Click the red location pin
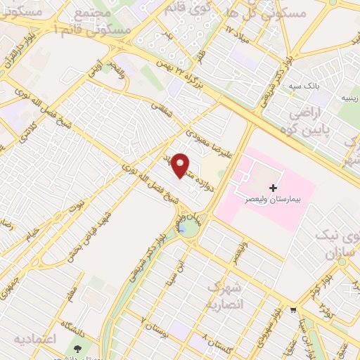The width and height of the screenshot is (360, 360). pyautogui.click(x=181, y=166)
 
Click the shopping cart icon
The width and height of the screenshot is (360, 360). pyautogui.click(x=293, y=310)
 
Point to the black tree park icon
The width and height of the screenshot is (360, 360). pyautogui.click(x=77, y=349)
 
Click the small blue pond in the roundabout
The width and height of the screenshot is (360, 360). pyautogui.click(x=183, y=229)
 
